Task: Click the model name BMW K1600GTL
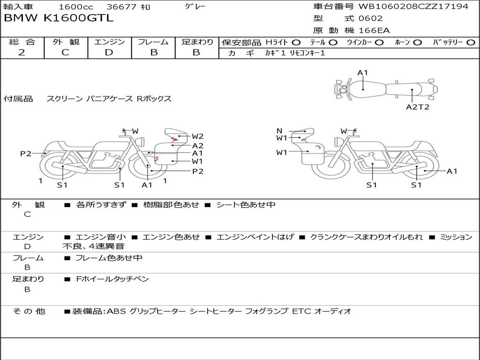tap(59, 18)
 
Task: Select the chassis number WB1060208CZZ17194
tap(413, 6)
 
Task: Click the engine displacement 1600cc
tap(75, 7)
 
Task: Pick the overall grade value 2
tap(22, 52)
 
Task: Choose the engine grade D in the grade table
tap(109, 52)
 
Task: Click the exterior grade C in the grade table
tap(66, 52)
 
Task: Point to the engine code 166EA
tap(374, 30)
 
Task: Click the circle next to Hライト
tap(296, 43)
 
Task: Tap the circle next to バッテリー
tap(471, 43)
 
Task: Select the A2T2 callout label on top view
tap(418, 107)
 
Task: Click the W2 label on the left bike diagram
tap(197, 136)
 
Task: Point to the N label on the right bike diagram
tap(279, 131)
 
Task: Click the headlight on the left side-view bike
tap(141, 142)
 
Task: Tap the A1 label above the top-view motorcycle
tap(362, 73)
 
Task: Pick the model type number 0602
tap(370, 18)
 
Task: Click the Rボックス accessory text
tap(154, 98)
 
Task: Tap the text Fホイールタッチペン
tap(112, 279)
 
